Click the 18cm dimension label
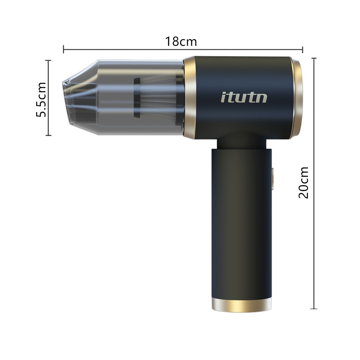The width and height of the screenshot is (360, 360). coord(181,42)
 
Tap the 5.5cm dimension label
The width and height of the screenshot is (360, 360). coord(42,100)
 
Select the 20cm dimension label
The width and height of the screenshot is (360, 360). coord(303,182)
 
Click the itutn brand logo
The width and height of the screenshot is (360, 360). coord(244,97)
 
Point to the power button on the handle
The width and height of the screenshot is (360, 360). coord(273,179)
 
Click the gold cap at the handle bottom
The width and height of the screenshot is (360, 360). coord(242,305)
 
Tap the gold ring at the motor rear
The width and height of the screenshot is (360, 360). coord(297,98)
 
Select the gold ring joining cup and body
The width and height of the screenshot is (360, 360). coord(190,98)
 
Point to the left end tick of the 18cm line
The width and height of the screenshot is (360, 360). coord(64,49)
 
